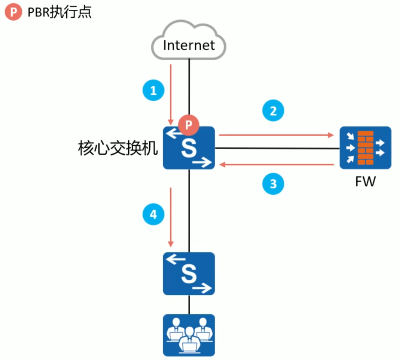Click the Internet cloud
[x=189, y=43]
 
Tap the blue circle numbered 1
[x=153, y=91]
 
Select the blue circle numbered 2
[x=273, y=111]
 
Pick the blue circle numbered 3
[x=273, y=184]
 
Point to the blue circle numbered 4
[x=153, y=214]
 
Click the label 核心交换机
[x=118, y=148]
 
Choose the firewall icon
[x=365, y=147]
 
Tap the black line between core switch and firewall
[x=277, y=149]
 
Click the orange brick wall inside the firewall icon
[x=365, y=147]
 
